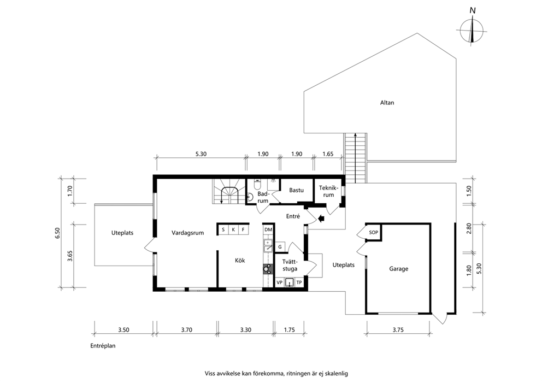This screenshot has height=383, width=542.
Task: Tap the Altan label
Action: (387, 103)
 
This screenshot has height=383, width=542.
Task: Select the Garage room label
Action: (398, 269)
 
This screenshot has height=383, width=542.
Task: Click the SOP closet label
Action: (373, 232)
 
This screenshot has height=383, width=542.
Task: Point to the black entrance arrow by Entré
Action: (321, 218)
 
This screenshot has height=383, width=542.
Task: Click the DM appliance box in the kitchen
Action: (268, 229)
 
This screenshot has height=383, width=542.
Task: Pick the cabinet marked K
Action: (233, 229)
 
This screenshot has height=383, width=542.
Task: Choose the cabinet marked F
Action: (243, 229)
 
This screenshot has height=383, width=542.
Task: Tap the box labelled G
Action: (280, 247)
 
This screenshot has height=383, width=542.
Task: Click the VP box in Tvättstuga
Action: (280, 282)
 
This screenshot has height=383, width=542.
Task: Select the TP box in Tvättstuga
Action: (299, 282)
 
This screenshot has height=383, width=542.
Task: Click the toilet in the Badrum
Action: (257, 184)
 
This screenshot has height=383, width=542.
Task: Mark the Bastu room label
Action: (296, 190)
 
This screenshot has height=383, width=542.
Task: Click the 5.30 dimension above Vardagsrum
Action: (201, 154)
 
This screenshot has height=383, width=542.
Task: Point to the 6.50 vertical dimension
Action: (58, 233)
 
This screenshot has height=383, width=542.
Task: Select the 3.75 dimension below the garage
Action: (398, 330)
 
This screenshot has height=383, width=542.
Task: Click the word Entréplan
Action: (103, 346)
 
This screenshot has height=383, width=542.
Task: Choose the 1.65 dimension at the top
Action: (328, 154)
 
